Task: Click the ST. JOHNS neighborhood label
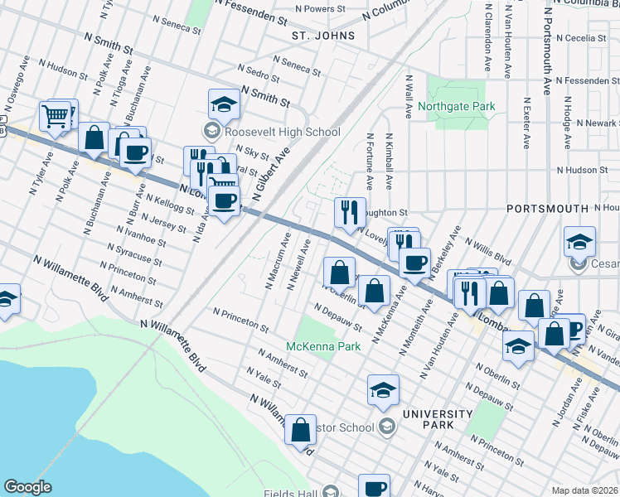pos(323,36)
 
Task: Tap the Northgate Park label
pos(457,106)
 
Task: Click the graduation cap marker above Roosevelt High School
pos(222,105)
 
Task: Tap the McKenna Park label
pos(323,346)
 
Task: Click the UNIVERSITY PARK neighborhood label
pos(428,418)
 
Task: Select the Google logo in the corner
pos(27,487)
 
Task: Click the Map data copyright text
pos(584,490)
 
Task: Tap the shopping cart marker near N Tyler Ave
pos(56,117)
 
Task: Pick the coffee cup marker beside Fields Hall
pos(374,487)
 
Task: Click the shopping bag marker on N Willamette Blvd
pos(300,431)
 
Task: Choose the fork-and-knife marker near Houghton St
pos(350,213)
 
